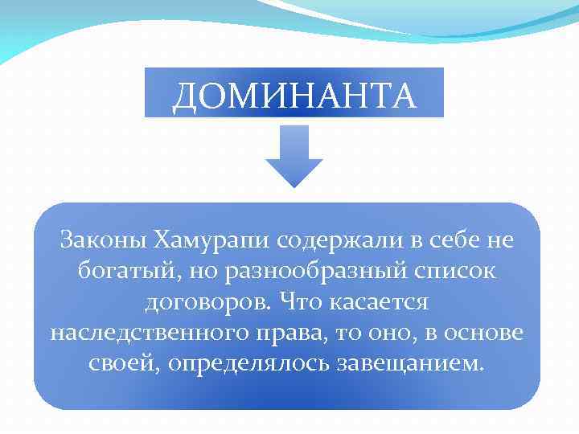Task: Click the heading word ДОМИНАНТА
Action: [x=294, y=95]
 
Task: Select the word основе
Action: [x=485, y=333]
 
